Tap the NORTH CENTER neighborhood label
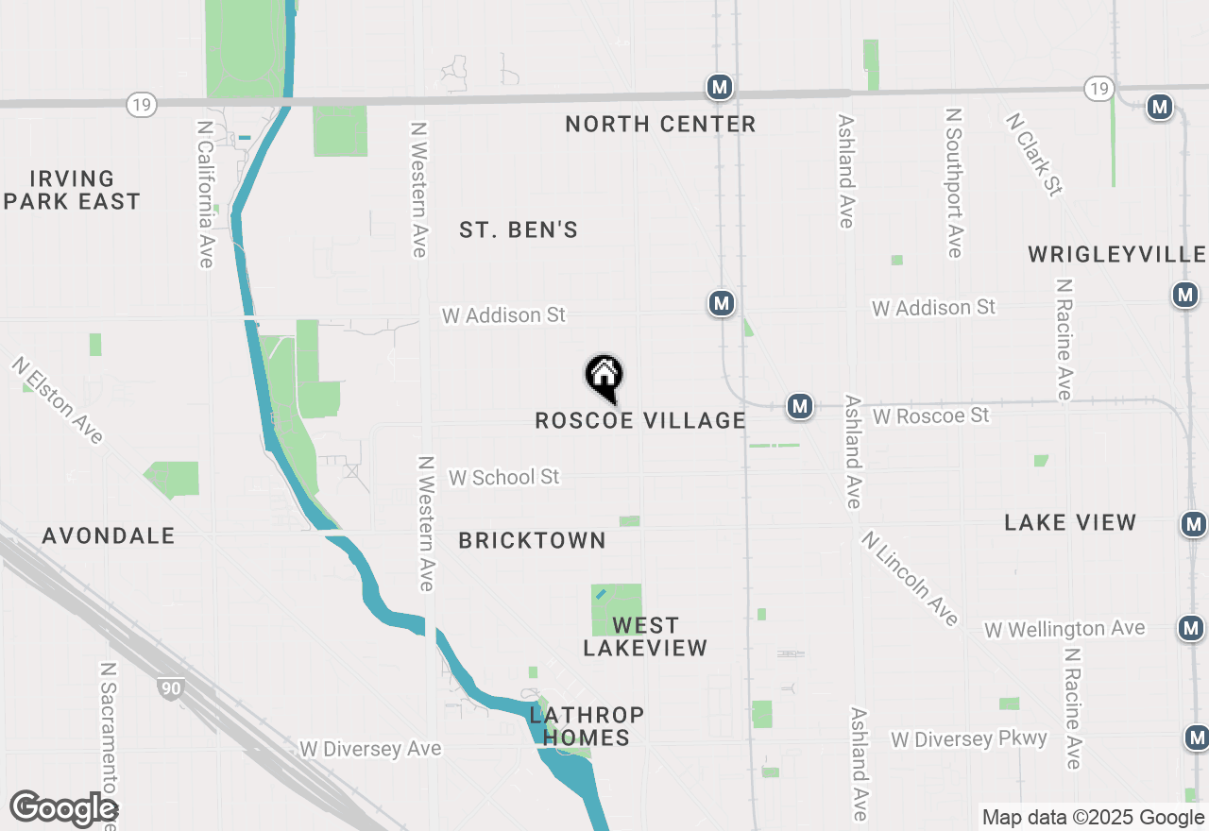(660, 124)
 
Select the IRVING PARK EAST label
(72, 190)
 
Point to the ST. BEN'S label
(519, 229)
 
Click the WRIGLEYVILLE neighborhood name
(1116, 254)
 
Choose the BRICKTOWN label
(532, 540)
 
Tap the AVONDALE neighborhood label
(109, 535)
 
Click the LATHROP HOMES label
(587, 726)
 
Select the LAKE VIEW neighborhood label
(1070, 522)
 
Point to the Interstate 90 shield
(170, 689)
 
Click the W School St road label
(504, 477)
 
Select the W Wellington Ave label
(1064, 629)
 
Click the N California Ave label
(205, 193)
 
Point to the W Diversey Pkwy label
(969, 738)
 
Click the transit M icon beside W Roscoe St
(800, 406)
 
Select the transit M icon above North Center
(720, 88)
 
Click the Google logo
(63, 809)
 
